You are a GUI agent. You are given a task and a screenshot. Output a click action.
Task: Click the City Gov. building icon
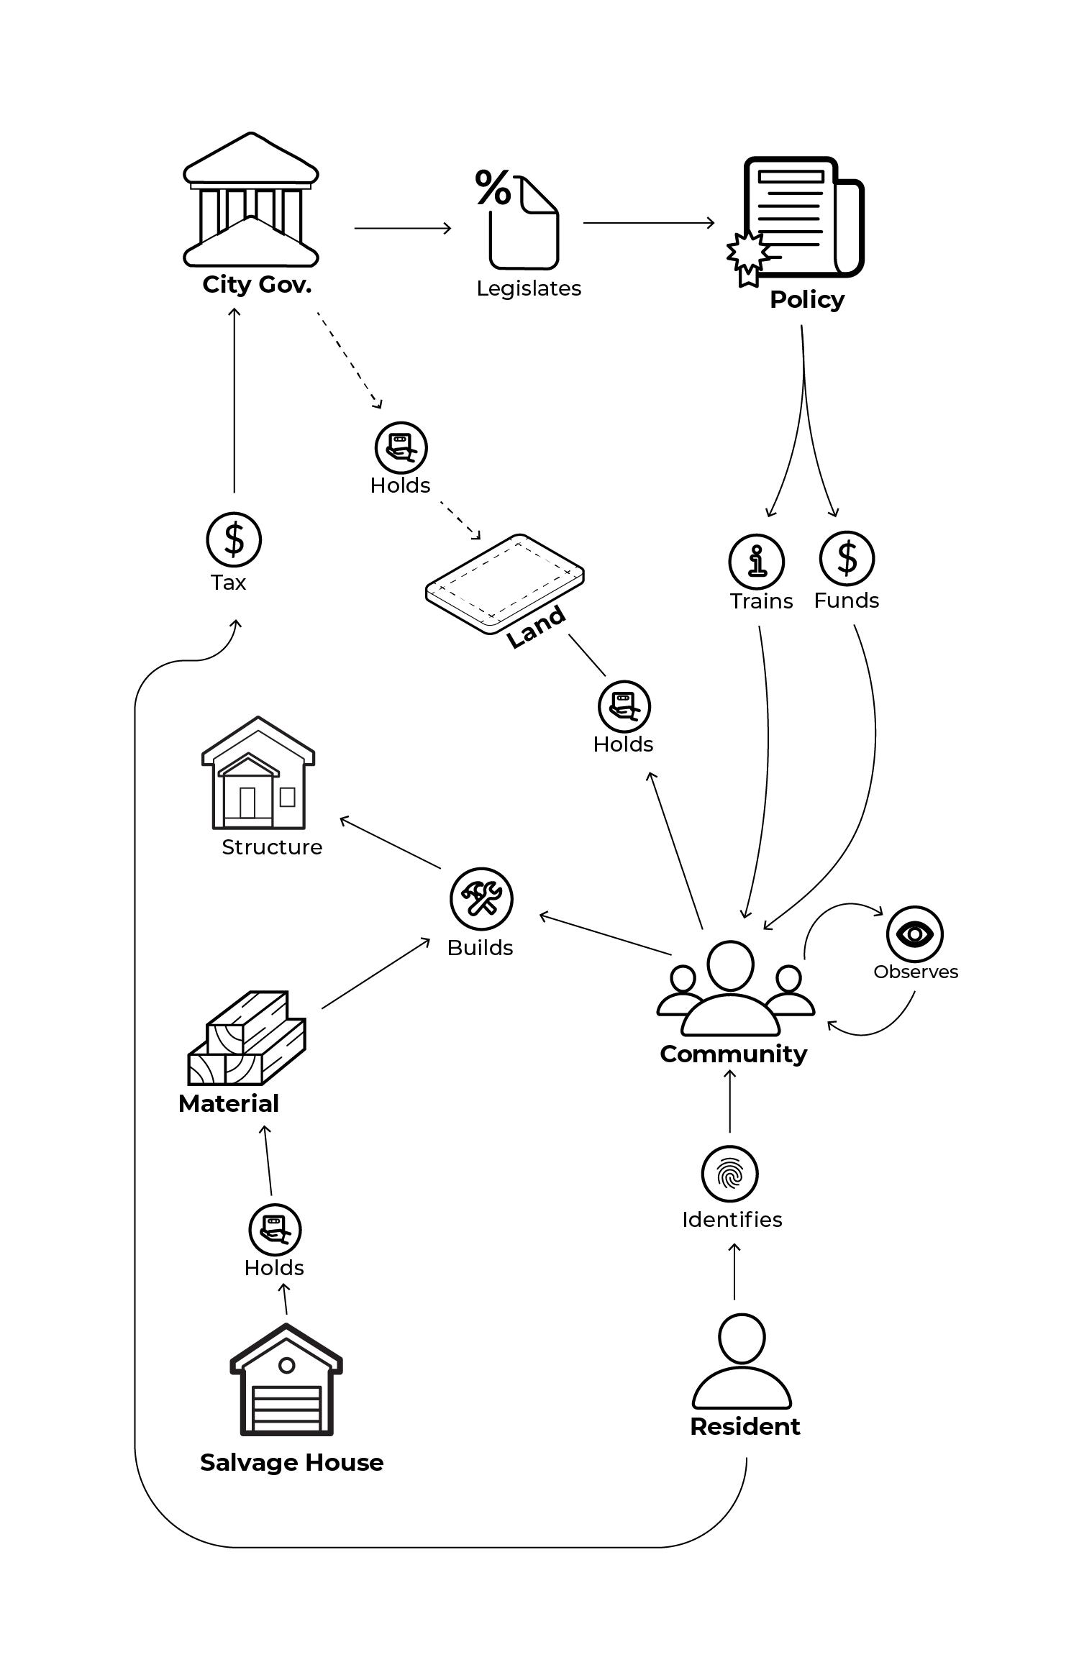click(251, 200)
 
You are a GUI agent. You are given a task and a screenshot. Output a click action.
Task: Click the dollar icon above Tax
click(234, 539)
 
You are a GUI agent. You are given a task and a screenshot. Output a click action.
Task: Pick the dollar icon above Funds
click(847, 558)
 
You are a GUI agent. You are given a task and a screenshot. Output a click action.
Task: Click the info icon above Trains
click(756, 561)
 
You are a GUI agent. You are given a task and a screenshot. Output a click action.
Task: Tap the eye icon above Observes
click(914, 934)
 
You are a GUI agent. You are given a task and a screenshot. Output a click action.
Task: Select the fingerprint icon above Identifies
click(729, 1174)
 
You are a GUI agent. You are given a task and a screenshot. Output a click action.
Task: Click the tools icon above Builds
click(481, 898)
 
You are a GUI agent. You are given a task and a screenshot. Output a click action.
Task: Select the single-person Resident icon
click(742, 1361)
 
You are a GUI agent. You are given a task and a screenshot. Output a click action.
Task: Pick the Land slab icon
click(504, 583)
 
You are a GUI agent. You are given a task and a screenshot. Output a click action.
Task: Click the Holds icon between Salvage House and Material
click(275, 1230)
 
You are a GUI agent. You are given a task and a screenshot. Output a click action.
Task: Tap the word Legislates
click(529, 288)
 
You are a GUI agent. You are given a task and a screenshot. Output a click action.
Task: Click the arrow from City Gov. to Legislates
click(402, 228)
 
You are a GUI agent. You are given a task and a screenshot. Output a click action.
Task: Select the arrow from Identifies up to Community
click(729, 1100)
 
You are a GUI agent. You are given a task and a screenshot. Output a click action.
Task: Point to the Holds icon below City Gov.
click(401, 447)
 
